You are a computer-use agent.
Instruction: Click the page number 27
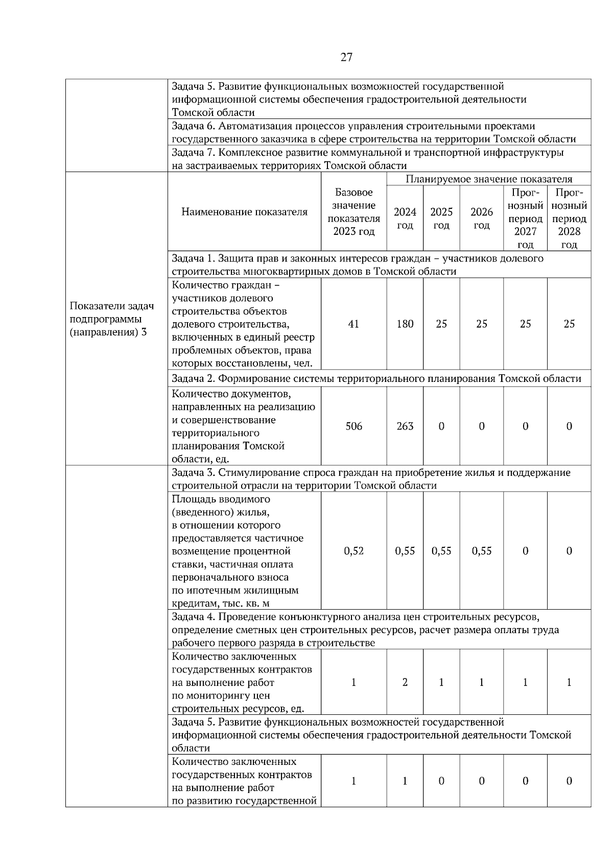[346, 57]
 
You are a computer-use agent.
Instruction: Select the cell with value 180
[405, 324]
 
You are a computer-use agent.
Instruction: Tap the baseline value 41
[353, 324]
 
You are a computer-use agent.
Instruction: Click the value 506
[353, 426]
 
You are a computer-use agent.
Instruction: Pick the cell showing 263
[405, 426]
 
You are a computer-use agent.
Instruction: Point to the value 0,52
[353, 551]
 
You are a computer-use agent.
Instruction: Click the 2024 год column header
[405, 219]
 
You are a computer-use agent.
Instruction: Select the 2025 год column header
[441, 219]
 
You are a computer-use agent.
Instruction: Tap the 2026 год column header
[481, 219]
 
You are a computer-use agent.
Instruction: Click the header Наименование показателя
[244, 212]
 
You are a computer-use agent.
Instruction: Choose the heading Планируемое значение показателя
[488, 179]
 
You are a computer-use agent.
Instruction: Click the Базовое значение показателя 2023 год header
[353, 212]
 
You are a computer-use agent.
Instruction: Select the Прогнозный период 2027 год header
[525, 219]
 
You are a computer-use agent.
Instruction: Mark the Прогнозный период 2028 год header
[569, 219]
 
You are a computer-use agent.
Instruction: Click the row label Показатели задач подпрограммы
[111, 319]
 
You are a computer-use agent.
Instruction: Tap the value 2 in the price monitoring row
[405, 682]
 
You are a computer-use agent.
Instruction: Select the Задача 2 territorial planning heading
[376, 378]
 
